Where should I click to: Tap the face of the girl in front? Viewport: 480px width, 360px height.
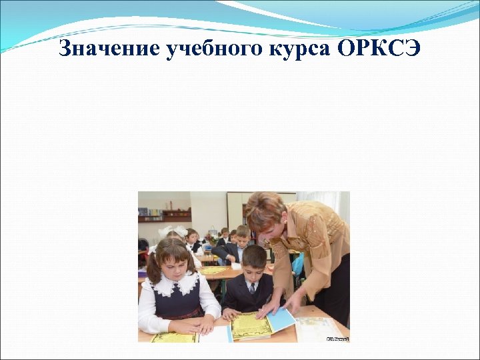[173, 264]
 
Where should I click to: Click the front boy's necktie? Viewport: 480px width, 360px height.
[253, 288]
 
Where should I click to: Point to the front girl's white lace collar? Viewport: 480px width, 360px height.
[179, 285]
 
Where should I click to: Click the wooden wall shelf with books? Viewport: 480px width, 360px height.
[164, 215]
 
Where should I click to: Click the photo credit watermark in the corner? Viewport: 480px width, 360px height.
[337, 339]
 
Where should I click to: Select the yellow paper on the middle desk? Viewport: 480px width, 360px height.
[214, 270]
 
